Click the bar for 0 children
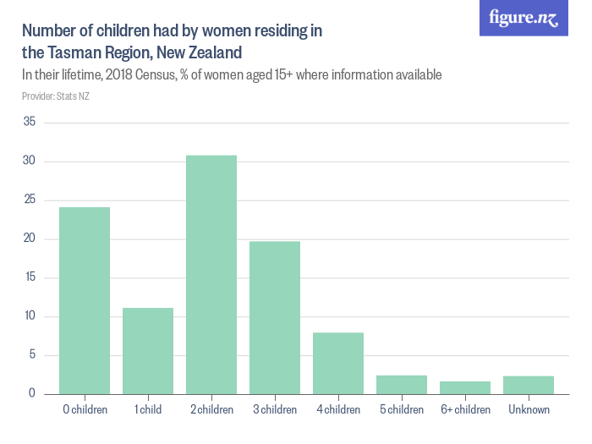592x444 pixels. [x=85, y=300]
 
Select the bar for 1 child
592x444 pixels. [x=148, y=350]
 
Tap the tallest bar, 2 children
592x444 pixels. [x=211, y=274]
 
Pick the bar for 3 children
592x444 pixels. [x=275, y=317]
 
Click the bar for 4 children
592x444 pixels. [x=338, y=363]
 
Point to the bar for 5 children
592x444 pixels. [x=402, y=384]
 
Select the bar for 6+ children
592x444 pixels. [x=465, y=387]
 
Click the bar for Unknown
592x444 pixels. [x=529, y=385]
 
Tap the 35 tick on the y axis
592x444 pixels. [x=29, y=123]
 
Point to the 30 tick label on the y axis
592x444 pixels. [x=29, y=162]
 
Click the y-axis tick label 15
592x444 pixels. [x=29, y=277]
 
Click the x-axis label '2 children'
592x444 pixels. [x=211, y=410]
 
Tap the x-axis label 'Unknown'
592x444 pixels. [x=529, y=410]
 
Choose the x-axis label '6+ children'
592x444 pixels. [x=465, y=410]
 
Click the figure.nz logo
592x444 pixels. [x=523, y=19]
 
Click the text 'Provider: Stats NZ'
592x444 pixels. [x=56, y=96]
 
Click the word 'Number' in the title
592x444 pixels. [x=49, y=31]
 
